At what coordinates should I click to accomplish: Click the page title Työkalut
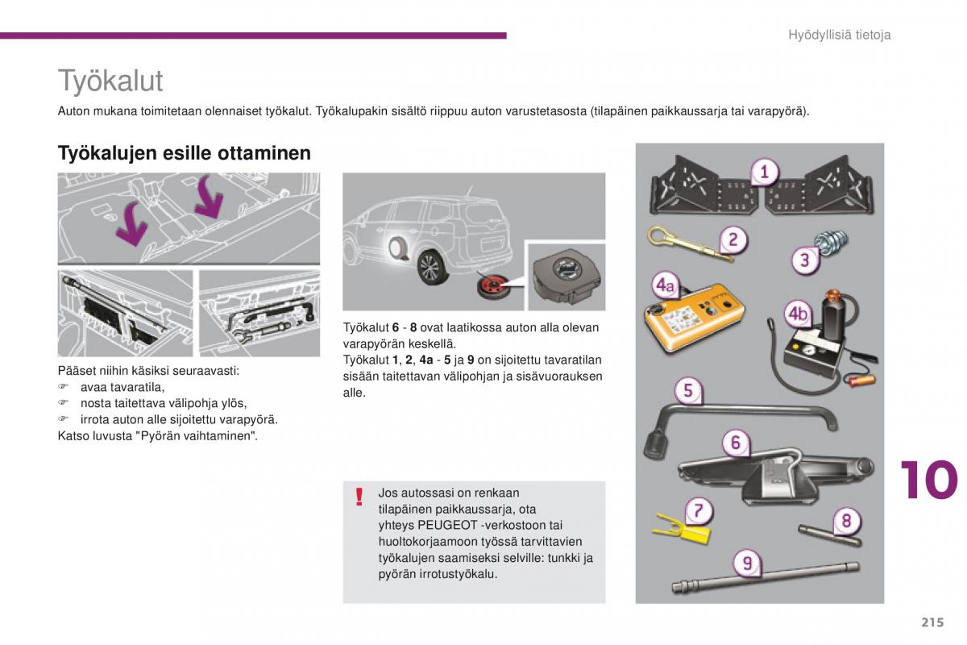(110, 81)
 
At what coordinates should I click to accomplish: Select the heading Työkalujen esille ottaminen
(184, 153)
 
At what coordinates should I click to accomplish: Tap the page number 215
(929, 622)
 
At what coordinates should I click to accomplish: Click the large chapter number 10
(928, 481)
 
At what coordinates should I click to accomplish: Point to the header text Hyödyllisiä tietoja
(839, 35)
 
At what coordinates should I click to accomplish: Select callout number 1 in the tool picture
(764, 172)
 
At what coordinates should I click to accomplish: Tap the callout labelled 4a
(665, 285)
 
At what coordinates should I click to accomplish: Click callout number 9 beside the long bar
(747, 564)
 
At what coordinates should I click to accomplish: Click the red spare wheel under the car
(489, 288)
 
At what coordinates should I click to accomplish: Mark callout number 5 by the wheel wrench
(687, 391)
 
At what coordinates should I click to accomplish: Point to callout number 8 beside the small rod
(846, 521)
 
